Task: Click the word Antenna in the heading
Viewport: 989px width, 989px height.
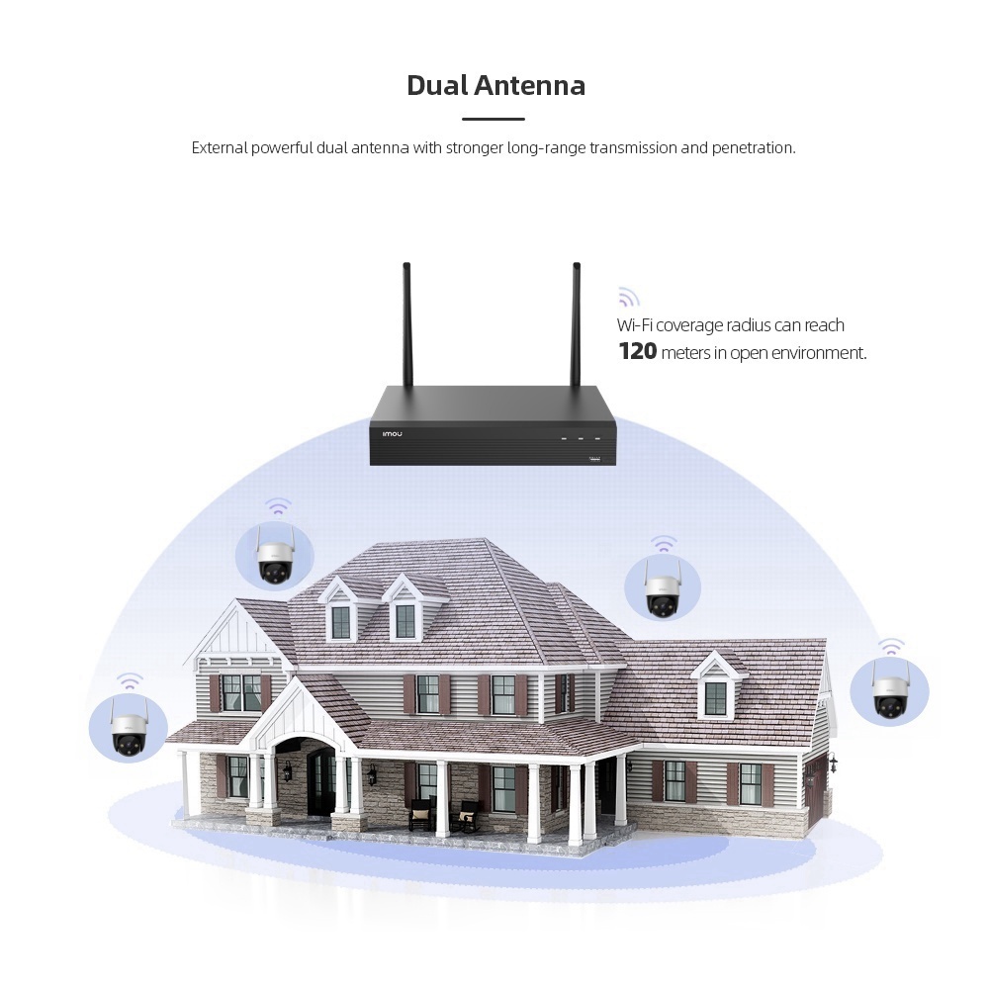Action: point(529,85)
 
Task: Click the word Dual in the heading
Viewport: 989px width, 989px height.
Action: point(437,85)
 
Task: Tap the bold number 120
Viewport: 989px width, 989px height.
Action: point(637,351)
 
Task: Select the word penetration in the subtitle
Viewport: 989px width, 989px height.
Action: point(754,148)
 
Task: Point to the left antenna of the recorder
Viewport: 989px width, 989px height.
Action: point(406,326)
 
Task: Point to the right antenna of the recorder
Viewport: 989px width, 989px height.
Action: point(575,326)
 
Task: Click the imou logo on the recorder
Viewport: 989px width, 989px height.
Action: point(393,433)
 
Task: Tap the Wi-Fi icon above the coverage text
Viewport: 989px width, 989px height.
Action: point(628,297)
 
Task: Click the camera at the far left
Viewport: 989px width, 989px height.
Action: point(129,727)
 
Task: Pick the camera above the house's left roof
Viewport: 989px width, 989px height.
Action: point(274,559)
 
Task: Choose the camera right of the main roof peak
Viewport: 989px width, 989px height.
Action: point(662,588)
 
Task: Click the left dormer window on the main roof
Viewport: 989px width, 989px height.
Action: point(340,621)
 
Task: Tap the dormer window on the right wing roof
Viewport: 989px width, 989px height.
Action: point(715,697)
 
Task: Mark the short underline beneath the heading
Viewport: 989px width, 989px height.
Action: point(494,119)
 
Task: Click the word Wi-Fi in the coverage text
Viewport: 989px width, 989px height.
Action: point(636,325)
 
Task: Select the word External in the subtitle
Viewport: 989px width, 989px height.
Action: point(219,148)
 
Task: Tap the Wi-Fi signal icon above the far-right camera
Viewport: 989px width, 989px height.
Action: point(891,647)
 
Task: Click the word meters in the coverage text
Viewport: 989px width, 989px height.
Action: point(684,353)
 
